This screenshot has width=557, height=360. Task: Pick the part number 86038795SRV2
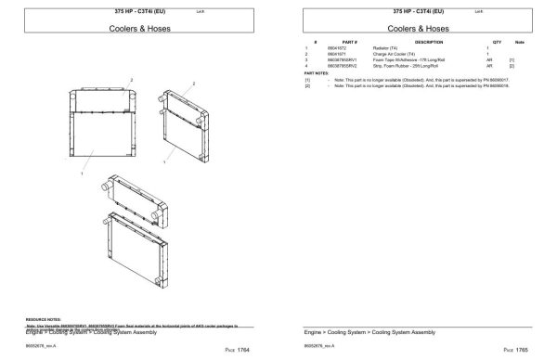tap(342, 66)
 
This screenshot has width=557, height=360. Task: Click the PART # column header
tap(349, 42)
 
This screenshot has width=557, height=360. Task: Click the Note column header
tap(519, 42)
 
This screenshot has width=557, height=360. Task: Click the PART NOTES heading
tap(317, 73)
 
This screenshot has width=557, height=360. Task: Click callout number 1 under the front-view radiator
tap(83, 173)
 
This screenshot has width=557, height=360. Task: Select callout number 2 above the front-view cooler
tap(131, 80)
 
